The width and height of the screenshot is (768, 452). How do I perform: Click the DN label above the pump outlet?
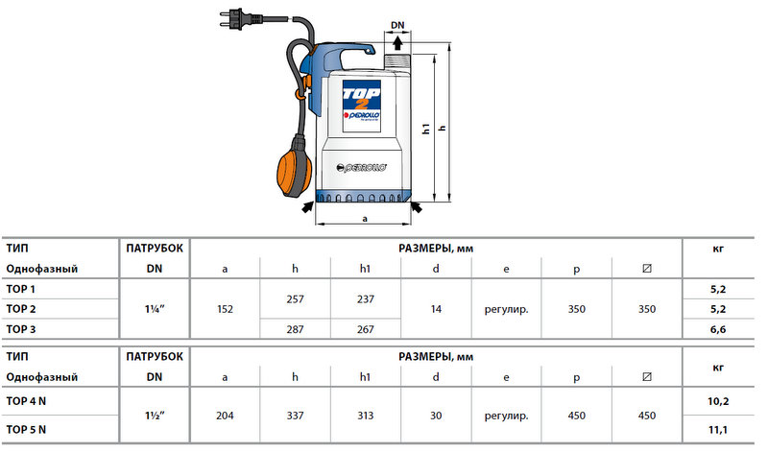(397, 25)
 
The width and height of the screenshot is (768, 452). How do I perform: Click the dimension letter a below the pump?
(365, 219)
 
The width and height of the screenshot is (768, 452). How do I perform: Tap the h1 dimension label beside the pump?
(426, 129)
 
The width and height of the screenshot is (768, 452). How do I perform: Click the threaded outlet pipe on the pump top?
(397, 62)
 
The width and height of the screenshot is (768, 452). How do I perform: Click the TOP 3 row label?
(20, 329)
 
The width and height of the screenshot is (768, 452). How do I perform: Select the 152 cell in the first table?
(225, 309)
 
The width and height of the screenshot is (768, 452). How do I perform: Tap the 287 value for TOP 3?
(295, 329)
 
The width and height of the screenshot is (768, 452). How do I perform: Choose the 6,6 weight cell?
(718, 329)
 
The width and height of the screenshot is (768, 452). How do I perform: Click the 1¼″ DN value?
(155, 309)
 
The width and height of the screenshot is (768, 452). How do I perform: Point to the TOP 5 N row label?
(26, 430)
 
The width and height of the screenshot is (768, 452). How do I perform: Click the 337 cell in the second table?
(295, 416)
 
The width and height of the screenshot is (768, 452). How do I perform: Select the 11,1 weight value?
(718, 430)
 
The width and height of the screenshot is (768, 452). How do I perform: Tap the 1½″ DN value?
(155, 416)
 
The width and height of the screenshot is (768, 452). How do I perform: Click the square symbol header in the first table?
(646, 269)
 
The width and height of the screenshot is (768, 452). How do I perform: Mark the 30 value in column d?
(436, 416)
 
